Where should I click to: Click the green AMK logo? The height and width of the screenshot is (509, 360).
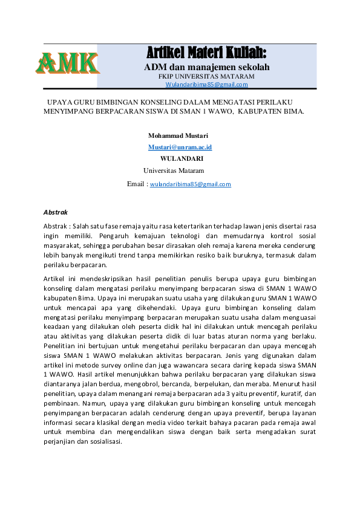click(x=67, y=63)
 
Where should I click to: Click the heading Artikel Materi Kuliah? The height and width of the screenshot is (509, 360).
click(x=206, y=51)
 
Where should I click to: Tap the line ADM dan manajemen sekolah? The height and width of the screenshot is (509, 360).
click(x=206, y=66)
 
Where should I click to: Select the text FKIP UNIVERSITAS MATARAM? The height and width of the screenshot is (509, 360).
click(x=206, y=77)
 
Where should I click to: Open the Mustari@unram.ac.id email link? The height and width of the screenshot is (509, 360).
click(x=180, y=147)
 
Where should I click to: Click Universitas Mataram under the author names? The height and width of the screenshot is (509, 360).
click(x=174, y=170)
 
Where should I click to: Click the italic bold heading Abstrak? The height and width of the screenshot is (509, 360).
click(x=56, y=212)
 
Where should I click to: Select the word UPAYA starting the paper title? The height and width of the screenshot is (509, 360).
click(x=60, y=102)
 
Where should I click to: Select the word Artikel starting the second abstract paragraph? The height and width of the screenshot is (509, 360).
click(x=55, y=278)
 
